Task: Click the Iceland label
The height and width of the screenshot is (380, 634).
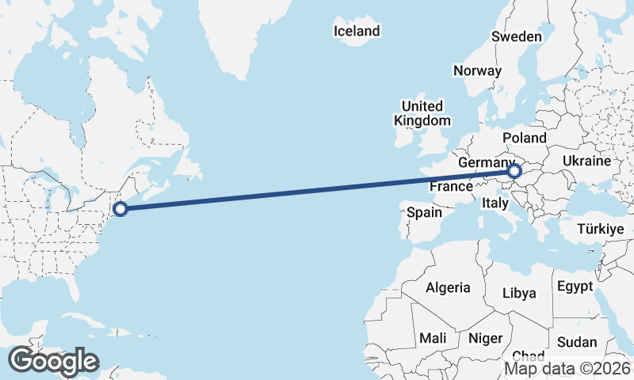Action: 357,32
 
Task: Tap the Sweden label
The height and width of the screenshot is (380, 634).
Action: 517,36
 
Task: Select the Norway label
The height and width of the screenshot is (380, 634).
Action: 477,70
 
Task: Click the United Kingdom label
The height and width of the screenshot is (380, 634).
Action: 422,113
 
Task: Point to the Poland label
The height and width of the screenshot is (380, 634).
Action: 524,138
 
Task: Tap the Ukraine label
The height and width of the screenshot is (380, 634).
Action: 586,161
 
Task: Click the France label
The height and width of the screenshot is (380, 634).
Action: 451,187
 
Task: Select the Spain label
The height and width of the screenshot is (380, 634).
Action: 424,212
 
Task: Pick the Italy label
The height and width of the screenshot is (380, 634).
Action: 495,203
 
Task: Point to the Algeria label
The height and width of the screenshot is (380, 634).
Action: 448,287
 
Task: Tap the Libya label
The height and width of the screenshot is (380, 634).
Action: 519,293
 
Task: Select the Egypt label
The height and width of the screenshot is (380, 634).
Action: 575,286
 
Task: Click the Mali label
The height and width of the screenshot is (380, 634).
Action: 433,338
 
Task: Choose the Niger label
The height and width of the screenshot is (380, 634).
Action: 486,338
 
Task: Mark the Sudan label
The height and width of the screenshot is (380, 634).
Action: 577,342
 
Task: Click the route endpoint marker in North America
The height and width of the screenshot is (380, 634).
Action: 120,209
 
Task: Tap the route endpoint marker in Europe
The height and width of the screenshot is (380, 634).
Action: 514,171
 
